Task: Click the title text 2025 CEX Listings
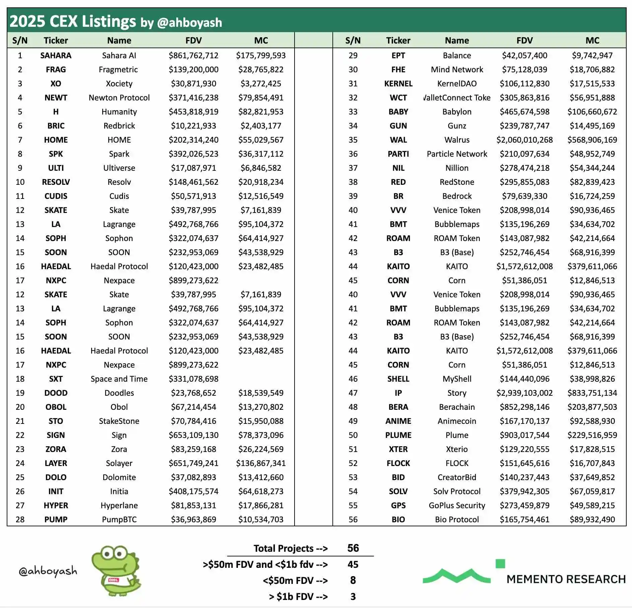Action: point(72,21)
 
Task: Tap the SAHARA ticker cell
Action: point(56,56)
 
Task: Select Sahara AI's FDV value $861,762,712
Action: point(193,56)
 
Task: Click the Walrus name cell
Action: point(457,140)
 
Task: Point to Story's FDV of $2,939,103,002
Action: point(524,393)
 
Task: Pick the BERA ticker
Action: point(398,407)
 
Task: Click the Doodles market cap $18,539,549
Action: point(261,393)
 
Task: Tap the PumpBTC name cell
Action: point(119,520)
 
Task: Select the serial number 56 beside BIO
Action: point(353,520)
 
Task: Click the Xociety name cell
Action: point(119,84)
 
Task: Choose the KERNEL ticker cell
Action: point(398,84)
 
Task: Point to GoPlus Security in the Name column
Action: point(457,506)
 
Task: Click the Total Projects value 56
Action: point(353,548)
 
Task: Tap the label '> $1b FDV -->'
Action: point(298,597)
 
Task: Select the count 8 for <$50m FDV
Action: point(353,580)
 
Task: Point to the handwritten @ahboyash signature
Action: point(48,571)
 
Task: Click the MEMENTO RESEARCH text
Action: point(566,579)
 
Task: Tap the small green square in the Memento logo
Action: point(500,564)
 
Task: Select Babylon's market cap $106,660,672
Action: point(592,112)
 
